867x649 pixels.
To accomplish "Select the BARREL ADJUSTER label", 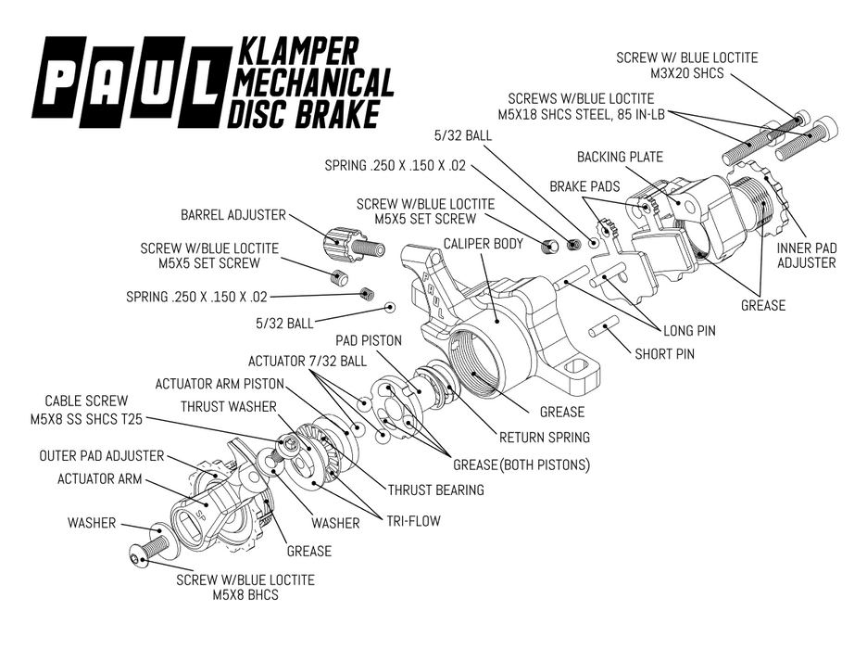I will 232,215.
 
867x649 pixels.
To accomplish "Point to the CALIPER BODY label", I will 483,244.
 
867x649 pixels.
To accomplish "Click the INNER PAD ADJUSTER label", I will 806,255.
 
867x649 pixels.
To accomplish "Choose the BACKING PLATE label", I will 620,157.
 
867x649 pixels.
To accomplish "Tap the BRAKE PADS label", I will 584,186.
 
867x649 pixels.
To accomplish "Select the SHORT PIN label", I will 664,353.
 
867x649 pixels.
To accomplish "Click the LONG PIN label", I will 689,330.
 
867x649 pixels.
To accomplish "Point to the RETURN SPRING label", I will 544,437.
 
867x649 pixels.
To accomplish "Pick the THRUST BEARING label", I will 435,490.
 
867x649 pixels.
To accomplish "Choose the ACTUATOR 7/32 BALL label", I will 307,360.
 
